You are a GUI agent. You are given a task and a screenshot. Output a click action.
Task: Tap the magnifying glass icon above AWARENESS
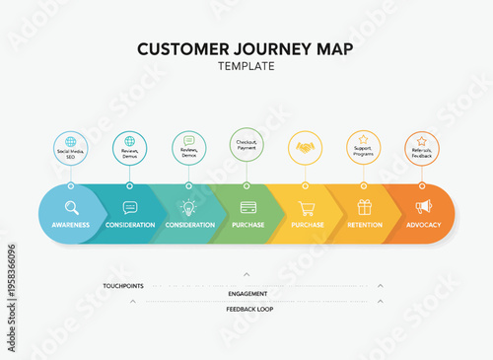(71, 207)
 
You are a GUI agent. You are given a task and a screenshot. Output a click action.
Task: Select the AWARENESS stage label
(71, 225)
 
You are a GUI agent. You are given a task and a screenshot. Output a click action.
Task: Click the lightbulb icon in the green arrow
(188, 207)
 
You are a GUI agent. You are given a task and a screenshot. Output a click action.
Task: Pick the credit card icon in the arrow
(248, 207)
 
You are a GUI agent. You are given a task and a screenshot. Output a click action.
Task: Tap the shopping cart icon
(307, 207)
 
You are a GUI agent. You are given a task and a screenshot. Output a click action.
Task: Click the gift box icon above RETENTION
(365, 207)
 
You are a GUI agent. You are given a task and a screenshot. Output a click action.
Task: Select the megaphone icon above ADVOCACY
(423, 207)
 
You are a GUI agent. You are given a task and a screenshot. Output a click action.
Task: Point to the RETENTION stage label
(365, 225)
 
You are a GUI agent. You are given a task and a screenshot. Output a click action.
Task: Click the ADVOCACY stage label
(423, 225)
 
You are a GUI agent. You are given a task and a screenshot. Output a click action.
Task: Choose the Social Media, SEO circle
(71, 148)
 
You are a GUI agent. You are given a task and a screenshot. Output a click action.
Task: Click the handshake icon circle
(306, 148)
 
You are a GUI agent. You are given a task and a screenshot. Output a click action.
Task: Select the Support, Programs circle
(364, 148)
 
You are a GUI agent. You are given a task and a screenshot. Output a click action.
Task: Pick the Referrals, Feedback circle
(422, 148)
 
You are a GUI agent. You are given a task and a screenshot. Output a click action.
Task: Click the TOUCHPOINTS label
(123, 286)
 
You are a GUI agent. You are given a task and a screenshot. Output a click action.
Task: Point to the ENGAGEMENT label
(246, 294)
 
